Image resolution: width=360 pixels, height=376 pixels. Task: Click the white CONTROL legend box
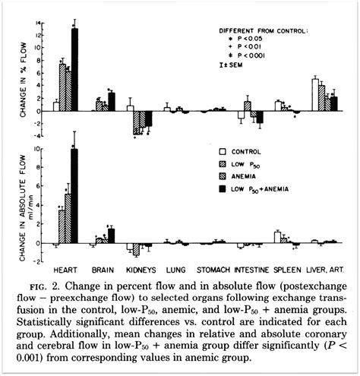pos(223,151)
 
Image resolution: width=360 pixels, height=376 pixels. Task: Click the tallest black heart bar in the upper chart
pos(74,69)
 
